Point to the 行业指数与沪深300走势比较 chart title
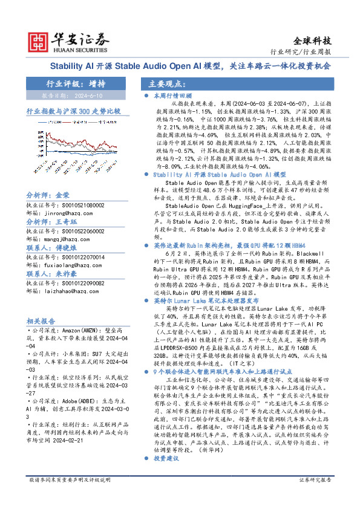coord(73,112)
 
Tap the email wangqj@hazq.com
coord(56,239)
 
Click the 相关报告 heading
coord(42,321)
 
